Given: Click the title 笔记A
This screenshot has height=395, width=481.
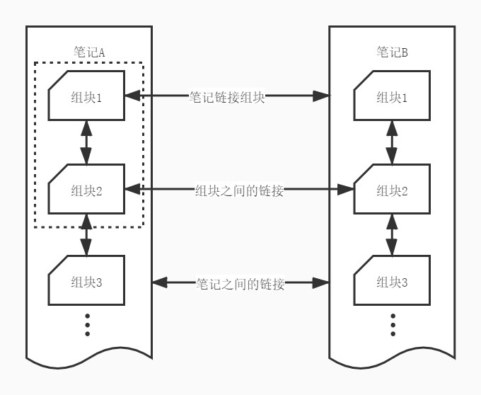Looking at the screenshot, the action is [89, 52].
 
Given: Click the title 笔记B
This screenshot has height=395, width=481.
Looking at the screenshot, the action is [392, 52].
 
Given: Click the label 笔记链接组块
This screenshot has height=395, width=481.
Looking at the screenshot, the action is [226, 97].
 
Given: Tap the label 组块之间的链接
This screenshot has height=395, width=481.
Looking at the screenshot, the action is [239, 191].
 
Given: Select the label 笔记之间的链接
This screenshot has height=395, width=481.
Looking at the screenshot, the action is [240, 284].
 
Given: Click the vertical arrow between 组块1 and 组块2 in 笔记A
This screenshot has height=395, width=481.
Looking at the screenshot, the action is [86, 142].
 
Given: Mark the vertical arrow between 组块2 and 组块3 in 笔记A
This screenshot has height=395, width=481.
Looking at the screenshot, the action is [86, 235].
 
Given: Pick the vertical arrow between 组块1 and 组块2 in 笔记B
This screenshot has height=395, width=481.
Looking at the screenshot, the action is [392, 142].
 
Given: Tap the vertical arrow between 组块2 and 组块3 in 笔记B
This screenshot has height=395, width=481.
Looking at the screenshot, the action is [392, 235].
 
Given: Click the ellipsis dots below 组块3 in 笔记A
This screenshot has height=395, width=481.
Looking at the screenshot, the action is [88, 325].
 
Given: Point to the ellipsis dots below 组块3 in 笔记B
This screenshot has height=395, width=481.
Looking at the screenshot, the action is [393, 325].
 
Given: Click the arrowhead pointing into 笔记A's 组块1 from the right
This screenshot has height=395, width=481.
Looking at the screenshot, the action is [132, 96].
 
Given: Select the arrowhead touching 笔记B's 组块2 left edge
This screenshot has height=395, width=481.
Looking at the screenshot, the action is [346, 190].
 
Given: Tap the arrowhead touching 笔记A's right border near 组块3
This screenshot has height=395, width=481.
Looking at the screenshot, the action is [160, 282].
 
